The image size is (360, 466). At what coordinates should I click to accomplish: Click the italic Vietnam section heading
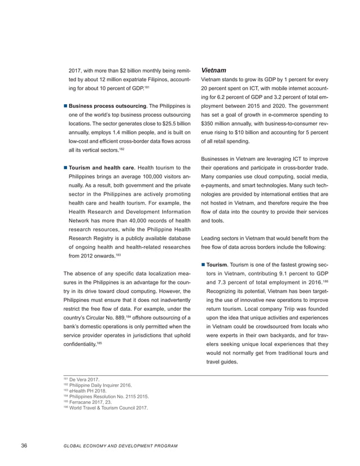coord(214,71)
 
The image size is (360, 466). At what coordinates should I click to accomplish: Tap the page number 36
coord(24,446)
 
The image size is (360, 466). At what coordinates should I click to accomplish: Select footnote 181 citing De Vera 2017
coord(85,380)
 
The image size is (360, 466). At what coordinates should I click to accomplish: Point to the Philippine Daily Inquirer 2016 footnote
coord(96,385)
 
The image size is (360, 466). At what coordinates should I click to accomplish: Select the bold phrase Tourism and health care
coord(103,167)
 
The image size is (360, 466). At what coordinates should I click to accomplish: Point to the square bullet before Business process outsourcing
coord(65,106)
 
